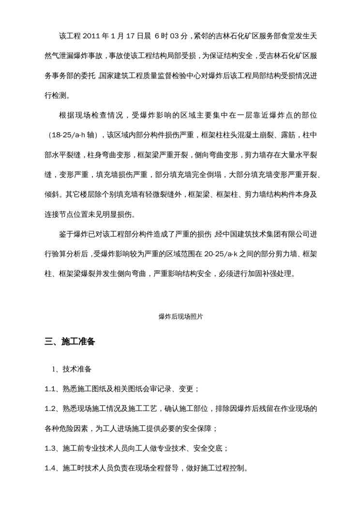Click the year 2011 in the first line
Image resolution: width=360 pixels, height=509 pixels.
click(x=91, y=35)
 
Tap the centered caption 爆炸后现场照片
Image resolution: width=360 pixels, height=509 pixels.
click(x=180, y=317)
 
